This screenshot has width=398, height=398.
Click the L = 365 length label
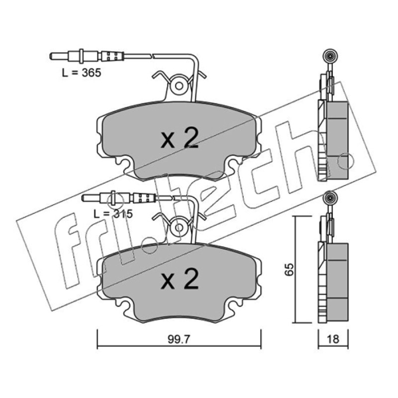(82, 73)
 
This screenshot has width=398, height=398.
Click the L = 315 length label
(113, 214)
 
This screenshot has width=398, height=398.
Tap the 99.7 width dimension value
(179, 339)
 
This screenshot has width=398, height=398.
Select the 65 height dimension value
(289, 270)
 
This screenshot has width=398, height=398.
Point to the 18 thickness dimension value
(333, 339)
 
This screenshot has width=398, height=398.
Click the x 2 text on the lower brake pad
(180, 279)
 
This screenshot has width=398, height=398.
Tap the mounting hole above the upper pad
(179, 86)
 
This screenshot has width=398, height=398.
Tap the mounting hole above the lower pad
(179, 228)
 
